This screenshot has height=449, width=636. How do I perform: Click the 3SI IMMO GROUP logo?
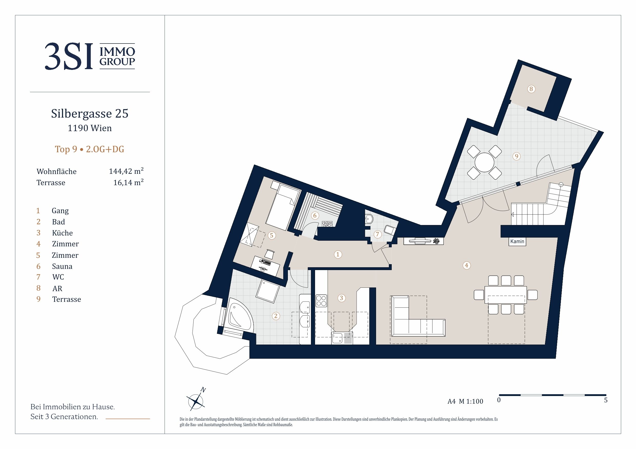coord(90,56)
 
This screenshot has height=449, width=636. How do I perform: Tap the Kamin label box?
coord(517,241)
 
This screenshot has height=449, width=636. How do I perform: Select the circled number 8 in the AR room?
coord(531,89)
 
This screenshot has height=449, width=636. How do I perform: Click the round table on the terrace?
coord(484,162)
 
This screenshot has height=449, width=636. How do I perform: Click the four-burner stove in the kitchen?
coord(321,301)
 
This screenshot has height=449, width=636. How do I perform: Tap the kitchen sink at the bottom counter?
coord(342,338)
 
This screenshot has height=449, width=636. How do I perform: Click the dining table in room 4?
coord(506,295)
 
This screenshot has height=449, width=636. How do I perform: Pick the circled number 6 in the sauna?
coord(315,216)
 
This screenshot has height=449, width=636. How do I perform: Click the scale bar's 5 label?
coord(606,400)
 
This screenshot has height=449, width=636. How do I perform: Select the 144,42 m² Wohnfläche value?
coord(126,171)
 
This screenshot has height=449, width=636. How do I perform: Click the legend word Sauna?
coord(62,266)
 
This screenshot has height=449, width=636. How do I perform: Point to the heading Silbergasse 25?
coord(90,113)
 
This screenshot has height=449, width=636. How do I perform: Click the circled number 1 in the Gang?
coord(338,254)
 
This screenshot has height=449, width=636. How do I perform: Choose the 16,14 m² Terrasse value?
coord(128,182)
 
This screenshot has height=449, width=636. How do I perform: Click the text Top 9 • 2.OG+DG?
coord(89,149)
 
